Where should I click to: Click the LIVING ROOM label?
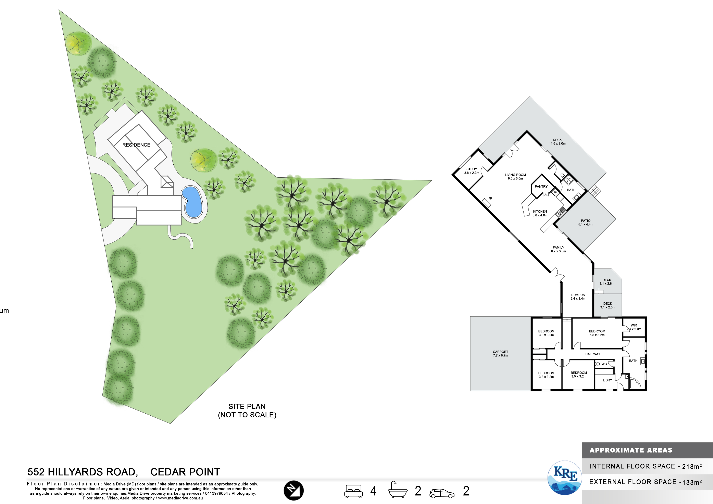pos(515,175)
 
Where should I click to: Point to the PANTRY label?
pos(541,187)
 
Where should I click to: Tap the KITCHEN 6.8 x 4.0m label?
pos(540,213)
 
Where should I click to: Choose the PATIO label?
pos(586,221)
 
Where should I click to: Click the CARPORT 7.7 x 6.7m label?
pos(501,354)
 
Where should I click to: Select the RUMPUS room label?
pos(578,295)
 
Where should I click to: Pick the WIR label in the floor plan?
pos(634,325)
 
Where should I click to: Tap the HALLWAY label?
pos(593,354)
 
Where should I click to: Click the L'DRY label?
pos(608,380)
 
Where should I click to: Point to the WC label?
pos(604,364)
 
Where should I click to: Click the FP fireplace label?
pos(490,198)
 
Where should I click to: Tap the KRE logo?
pos(565,478)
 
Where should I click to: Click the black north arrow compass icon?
pos(293,491)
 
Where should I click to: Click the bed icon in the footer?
pos(353,491)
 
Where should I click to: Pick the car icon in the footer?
pos(442,493)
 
